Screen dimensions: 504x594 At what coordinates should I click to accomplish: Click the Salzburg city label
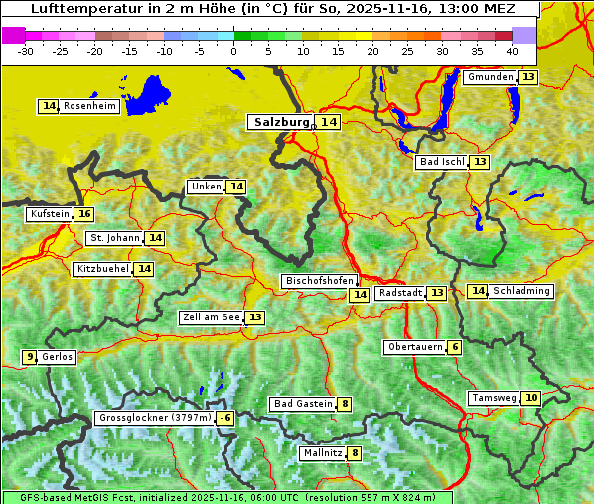(281, 122)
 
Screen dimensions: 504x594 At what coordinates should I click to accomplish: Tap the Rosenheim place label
(89, 106)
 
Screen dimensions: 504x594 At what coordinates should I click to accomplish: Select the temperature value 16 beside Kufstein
(84, 214)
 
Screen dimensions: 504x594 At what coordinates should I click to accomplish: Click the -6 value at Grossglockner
(225, 419)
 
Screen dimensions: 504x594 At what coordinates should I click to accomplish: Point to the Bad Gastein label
(304, 404)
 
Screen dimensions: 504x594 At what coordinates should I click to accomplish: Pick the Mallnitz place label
(322, 453)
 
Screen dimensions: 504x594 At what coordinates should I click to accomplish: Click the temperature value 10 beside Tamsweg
(531, 398)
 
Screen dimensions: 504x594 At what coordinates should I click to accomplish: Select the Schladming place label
(521, 291)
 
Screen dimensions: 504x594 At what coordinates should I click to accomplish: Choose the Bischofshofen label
(319, 282)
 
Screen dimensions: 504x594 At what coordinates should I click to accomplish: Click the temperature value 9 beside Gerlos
(30, 357)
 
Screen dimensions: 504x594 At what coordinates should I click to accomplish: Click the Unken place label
(206, 187)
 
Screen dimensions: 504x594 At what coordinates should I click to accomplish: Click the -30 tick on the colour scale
(26, 50)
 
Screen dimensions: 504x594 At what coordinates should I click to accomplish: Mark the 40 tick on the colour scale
(512, 50)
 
